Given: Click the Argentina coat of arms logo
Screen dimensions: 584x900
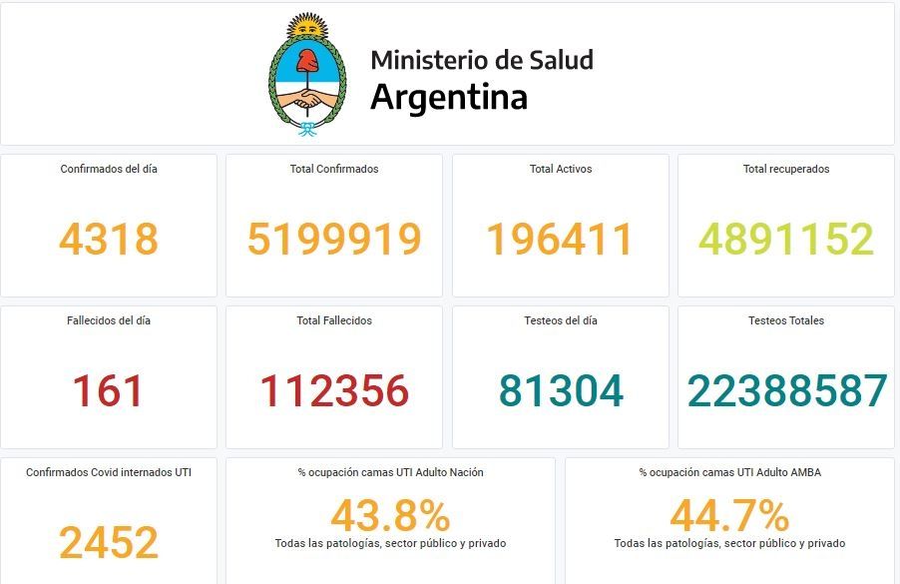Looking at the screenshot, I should tap(307, 75).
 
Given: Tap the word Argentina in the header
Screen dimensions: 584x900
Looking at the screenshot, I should tap(448, 98).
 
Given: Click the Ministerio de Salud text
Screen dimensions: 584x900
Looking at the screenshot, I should tap(481, 60).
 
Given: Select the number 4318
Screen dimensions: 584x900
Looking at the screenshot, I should tap(109, 240).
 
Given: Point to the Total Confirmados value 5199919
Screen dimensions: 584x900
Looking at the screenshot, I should tap(334, 240).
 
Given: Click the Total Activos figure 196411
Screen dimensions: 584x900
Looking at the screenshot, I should tap(560, 240).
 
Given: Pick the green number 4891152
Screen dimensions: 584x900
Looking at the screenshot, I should tap(786, 240).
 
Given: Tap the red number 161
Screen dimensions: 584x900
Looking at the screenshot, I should tap(109, 391).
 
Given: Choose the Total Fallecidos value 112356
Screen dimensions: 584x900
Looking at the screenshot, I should tap(334, 391).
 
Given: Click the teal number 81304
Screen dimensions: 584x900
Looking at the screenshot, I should tap(561, 391).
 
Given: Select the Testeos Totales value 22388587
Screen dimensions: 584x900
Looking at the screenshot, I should tap(786, 391).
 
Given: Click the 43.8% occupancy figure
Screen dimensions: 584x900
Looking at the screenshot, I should tap(390, 517).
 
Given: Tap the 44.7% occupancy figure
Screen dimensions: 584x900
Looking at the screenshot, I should tap(729, 517).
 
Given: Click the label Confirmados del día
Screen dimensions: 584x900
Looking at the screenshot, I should tap(109, 169).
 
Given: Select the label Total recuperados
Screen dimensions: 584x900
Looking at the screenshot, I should tap(786, 169).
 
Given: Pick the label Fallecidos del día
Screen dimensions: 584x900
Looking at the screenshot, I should tap(109, 320).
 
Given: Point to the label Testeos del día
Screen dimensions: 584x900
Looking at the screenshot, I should tap(561, 320).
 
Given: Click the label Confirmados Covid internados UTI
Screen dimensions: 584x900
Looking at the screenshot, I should tap(109, 472).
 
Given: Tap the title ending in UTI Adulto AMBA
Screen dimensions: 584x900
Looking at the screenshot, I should tap(729, 472).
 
